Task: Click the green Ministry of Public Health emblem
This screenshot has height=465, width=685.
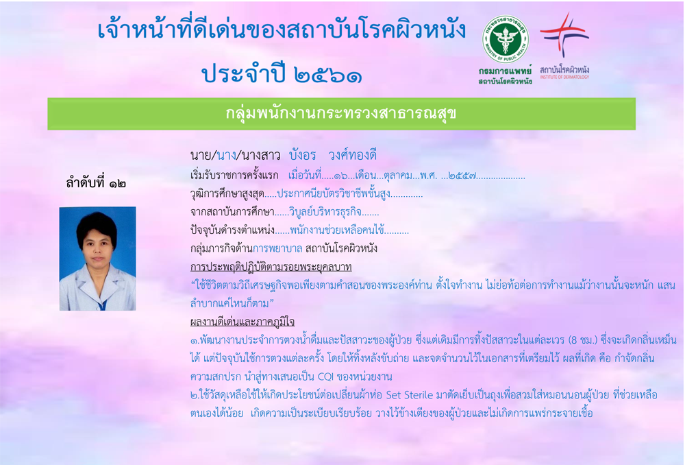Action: [x=506, y=40]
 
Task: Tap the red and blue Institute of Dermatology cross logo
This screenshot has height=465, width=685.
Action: [x=564, y=34]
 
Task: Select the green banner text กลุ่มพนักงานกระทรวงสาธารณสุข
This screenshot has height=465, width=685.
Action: [x=340, y=114]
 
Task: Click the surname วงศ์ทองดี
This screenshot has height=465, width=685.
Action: [x=352, y=155]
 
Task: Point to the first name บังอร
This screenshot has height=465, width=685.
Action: [x=302, y=155]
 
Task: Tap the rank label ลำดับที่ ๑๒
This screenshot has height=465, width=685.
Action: [x=96, y=183]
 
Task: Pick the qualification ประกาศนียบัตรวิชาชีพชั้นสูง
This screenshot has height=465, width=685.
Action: [x=334, y=194]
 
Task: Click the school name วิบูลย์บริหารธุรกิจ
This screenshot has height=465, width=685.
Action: [x=325, y=213]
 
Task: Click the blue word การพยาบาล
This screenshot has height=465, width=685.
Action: [x=277, y=249]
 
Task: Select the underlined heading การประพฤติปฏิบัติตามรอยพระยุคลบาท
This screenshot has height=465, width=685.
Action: [x=271, y=267]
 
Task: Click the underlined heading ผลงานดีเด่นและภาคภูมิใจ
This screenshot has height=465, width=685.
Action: [x=242, y=322]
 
